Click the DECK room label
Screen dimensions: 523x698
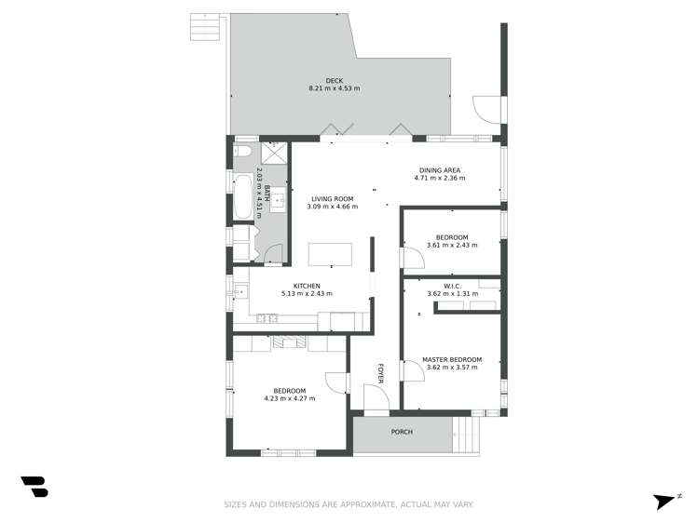point(334,80)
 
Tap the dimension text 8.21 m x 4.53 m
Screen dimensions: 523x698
point(334,88)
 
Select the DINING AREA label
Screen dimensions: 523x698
point(439,170)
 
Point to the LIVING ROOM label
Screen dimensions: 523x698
point(333,198)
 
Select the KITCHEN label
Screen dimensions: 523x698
point(307,286)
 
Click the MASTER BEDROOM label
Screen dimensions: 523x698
point(451,359)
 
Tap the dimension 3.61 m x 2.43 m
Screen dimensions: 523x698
point(451,245)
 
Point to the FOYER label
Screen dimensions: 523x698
point(380,372)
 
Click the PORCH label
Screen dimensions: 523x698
point(402,432)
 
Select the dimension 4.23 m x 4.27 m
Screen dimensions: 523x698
point(290,398)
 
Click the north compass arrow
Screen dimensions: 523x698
point(665,501)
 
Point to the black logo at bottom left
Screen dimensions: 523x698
point(34,487)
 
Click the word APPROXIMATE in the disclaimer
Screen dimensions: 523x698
point(363,504)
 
